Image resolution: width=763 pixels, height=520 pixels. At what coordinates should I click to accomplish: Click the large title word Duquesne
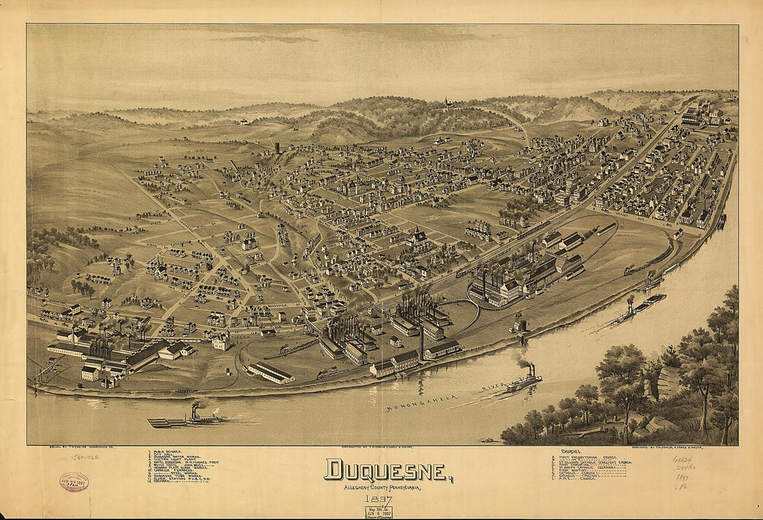pyautogui.click(x=385, y=471)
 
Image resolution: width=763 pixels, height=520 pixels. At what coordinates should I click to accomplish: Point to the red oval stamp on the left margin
pyautogui.click(x=74, y=482)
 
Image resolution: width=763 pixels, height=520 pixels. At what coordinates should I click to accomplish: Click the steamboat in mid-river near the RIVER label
pyautogui.click(x=524, y=380)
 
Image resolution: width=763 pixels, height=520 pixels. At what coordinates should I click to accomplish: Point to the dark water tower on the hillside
pyautogui.click(x=277, y=148)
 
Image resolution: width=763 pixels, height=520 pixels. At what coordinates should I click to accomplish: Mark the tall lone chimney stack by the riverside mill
pyautogui.click(x=421, y=342)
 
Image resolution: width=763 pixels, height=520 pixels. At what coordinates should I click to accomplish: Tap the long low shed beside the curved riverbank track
pyautogui.click(x=271, y=373)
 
